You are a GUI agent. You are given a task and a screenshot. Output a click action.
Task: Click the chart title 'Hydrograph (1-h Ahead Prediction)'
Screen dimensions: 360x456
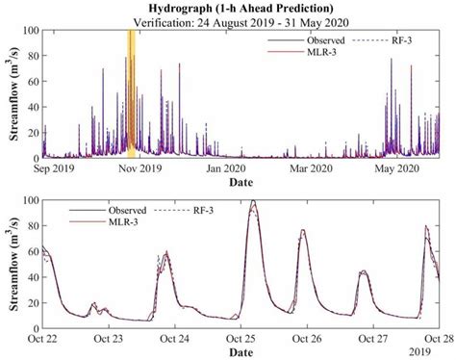[x=240, y=8]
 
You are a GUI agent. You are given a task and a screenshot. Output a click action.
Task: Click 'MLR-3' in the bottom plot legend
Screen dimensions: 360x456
[x=115, y=222]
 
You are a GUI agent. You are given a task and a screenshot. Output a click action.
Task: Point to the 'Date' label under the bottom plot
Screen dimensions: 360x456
[x=241, y=352]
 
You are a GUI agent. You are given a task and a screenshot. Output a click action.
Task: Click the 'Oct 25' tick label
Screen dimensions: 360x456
[x=241, y=338]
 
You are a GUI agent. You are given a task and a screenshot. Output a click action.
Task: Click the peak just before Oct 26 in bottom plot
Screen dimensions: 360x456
[x=302, y=231]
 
